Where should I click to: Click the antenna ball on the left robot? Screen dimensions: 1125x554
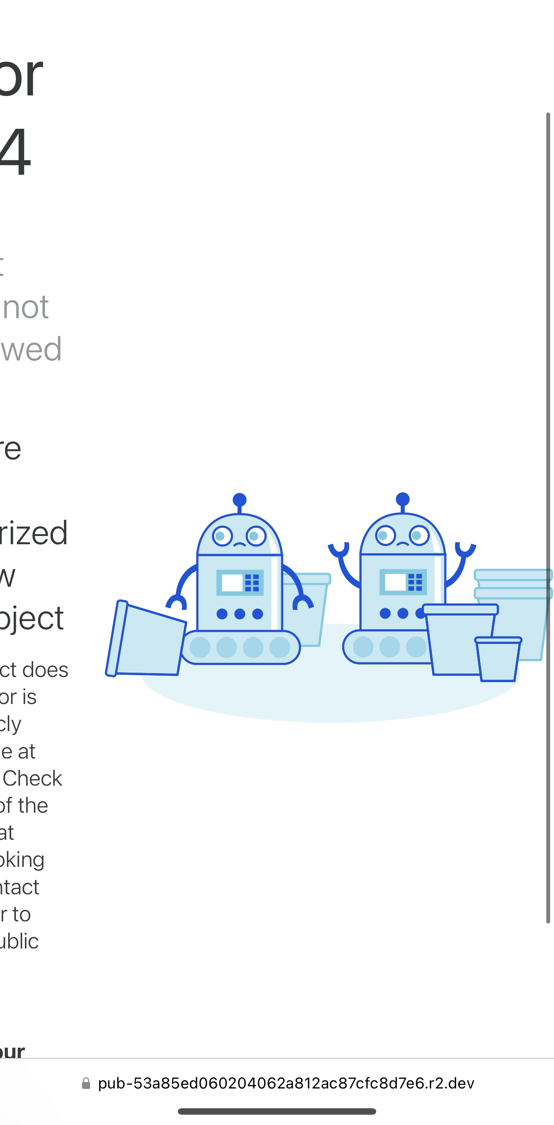pos(239,500)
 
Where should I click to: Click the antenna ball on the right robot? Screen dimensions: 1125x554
pos(402,499)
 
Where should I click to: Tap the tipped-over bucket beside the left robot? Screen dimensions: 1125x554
pos(146,639)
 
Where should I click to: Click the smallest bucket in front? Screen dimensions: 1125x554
pos(498,659)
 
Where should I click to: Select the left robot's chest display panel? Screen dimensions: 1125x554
pos(240,582)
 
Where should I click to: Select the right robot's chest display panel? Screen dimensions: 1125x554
pos(403,582)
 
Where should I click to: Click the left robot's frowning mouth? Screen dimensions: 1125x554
pos(240,545)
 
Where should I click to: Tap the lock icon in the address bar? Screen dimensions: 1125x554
pos(86,1083)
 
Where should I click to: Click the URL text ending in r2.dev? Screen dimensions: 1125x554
pos(286,1083)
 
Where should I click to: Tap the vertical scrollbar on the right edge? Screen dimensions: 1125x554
pos(548,515)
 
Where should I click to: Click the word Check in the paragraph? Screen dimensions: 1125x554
pos(32,779)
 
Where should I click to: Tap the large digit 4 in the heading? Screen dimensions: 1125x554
pos(15,151)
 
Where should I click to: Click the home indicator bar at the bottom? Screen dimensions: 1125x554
pos(277,1111)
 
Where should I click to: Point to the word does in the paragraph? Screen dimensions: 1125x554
pos(46,670)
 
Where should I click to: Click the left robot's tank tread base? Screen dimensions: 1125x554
pos(240,648)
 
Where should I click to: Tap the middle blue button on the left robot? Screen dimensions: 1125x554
pos(240,614)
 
